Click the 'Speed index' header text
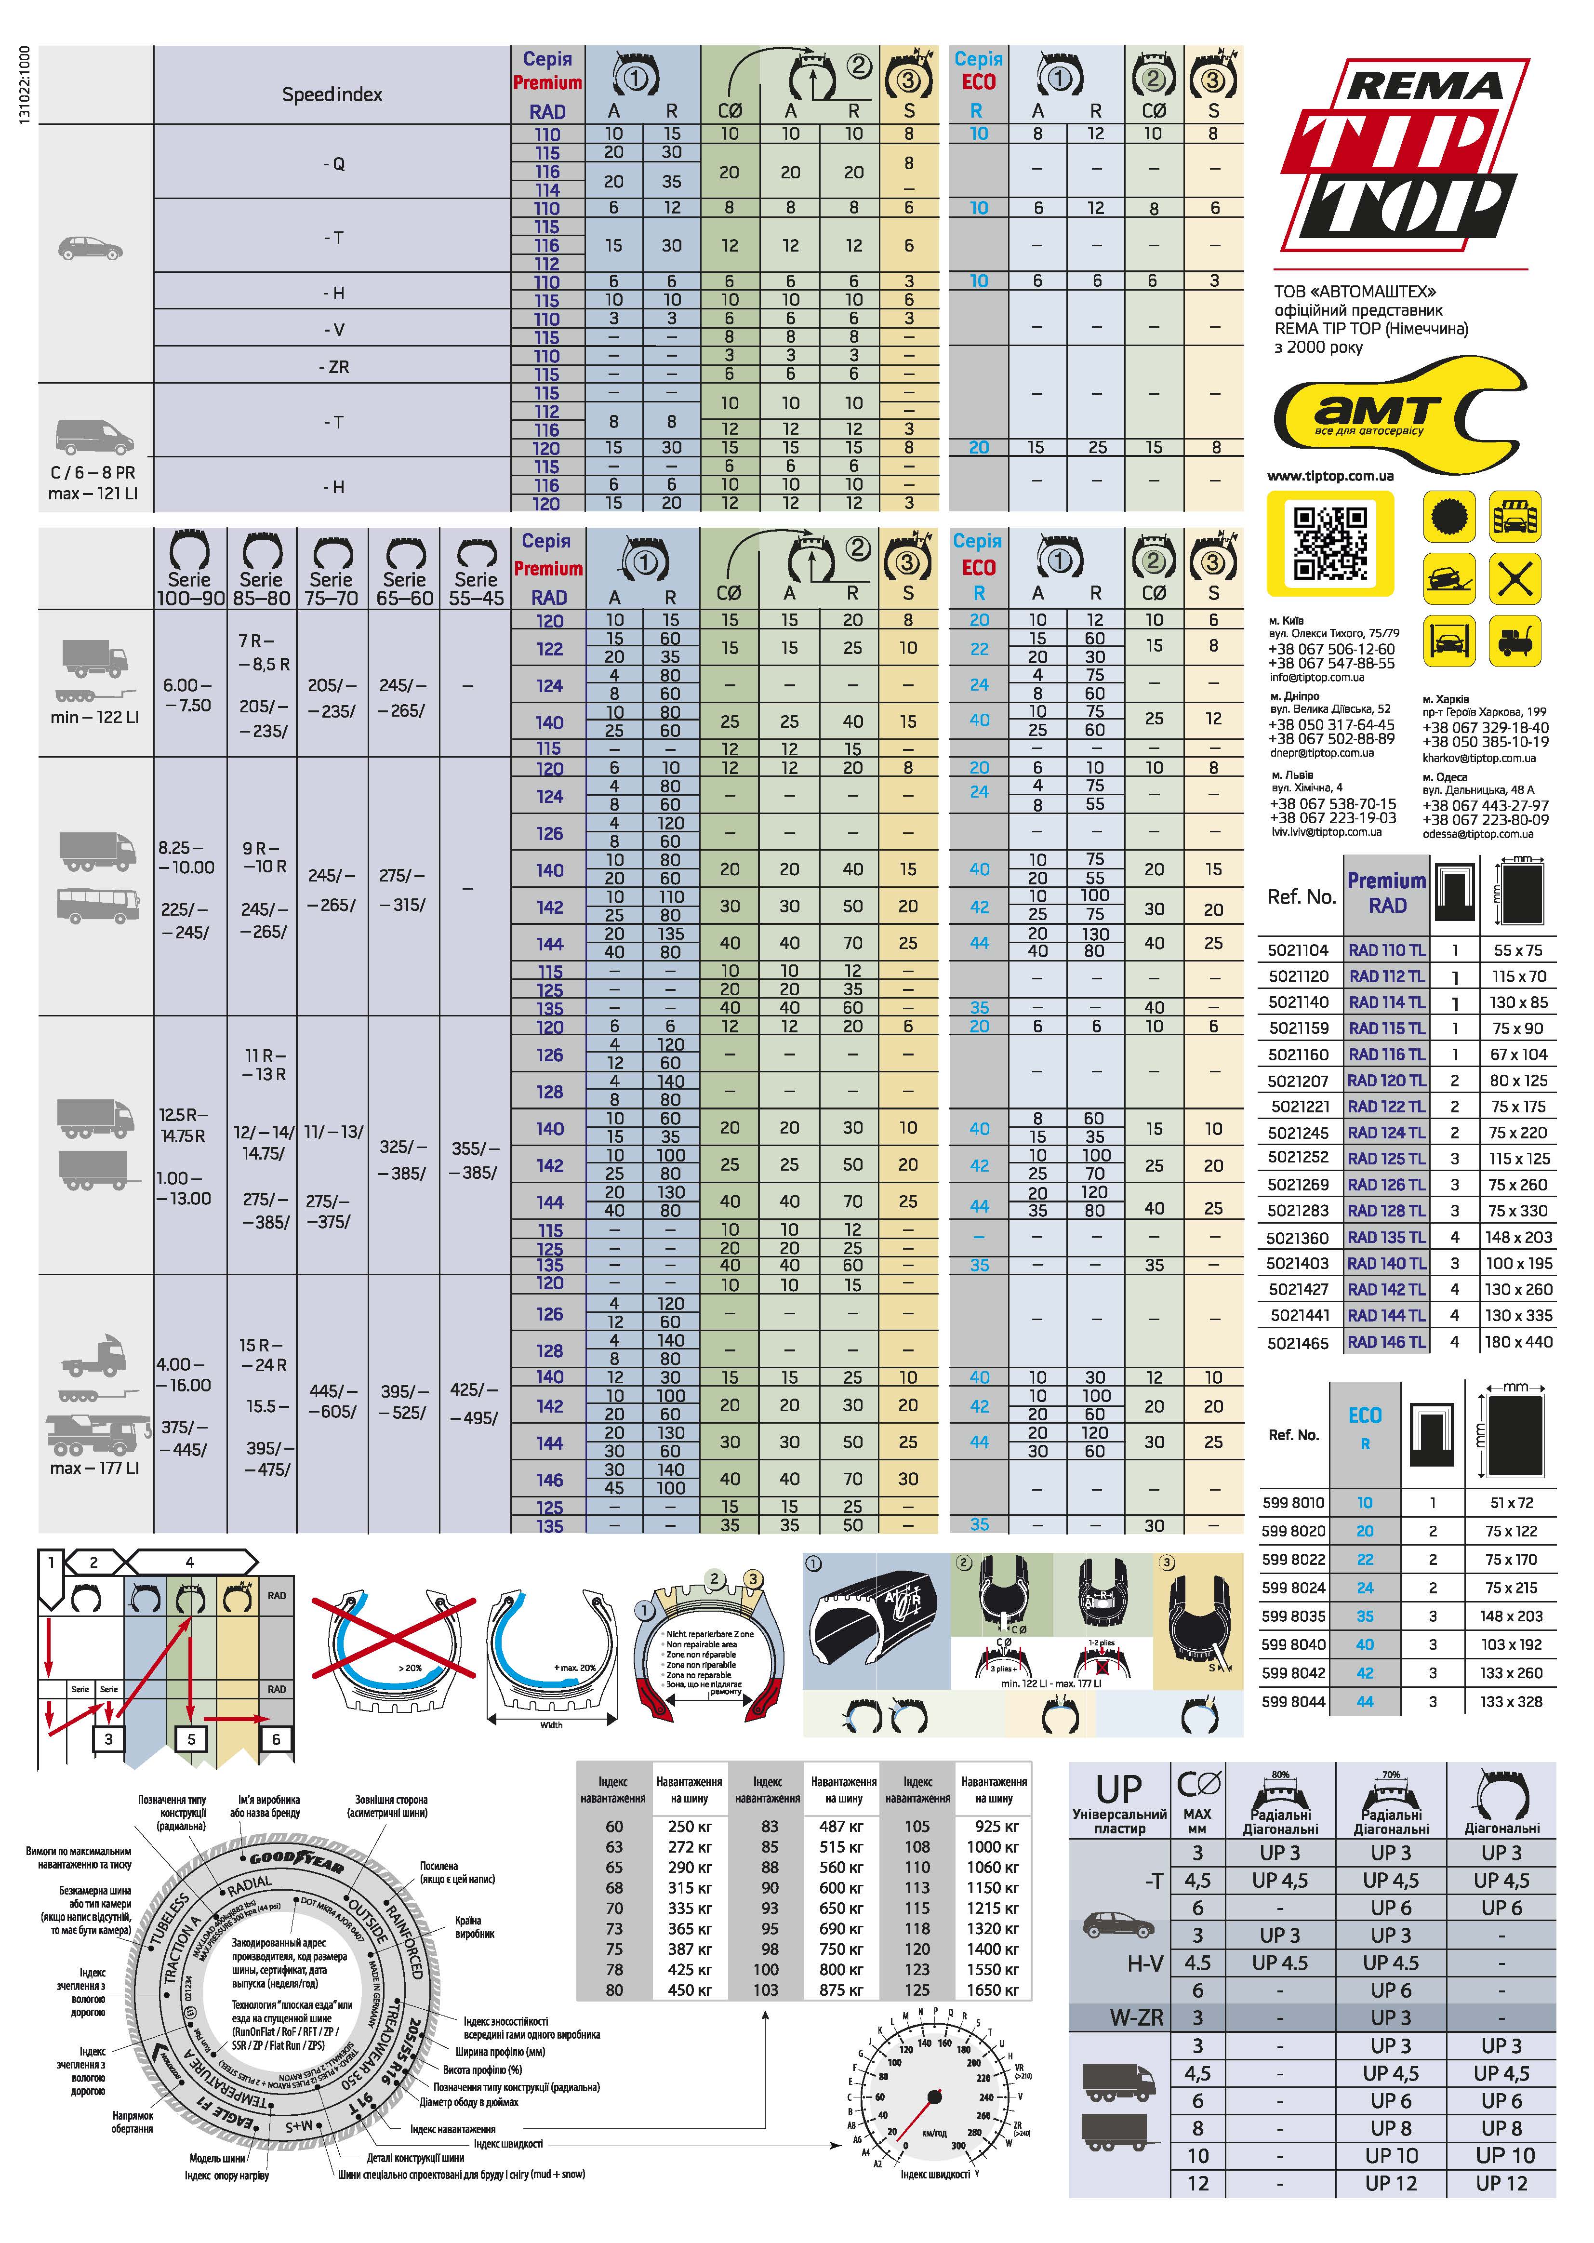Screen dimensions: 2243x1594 tap(332, 95)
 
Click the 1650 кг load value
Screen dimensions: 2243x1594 tap(993, 1990)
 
